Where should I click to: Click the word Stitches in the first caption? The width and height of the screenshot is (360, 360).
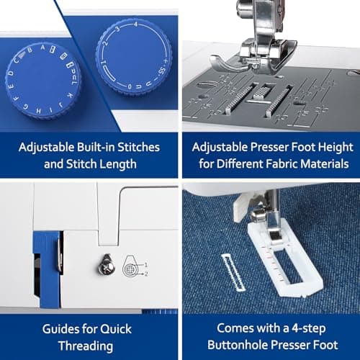136,147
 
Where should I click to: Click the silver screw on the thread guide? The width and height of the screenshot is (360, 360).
106,267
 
